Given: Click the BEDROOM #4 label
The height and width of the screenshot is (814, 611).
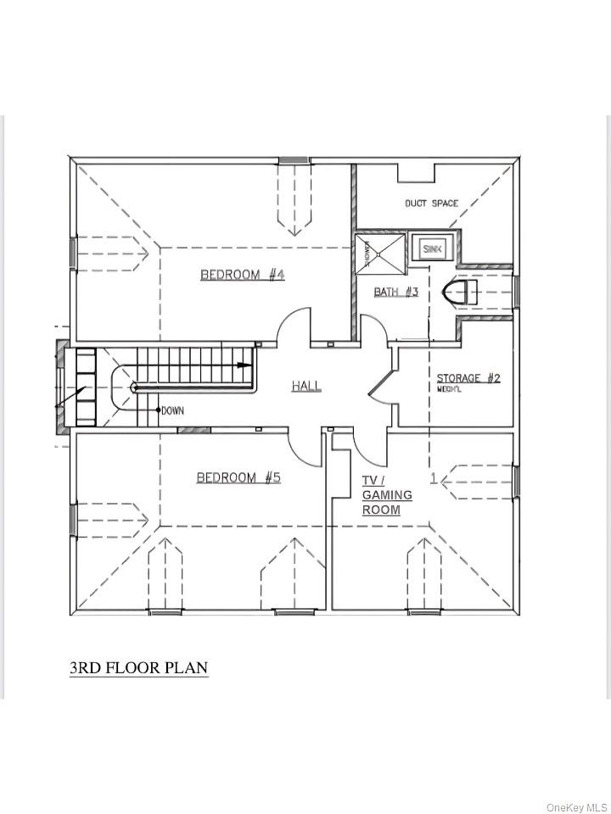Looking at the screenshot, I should point(242,275).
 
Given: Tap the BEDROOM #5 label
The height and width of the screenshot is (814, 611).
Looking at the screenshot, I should point(238,477).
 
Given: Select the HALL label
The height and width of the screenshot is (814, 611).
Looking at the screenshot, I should point(306,386).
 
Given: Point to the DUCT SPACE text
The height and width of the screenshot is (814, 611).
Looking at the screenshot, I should point(431,203).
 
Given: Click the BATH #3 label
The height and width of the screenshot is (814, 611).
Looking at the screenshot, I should point(396,293).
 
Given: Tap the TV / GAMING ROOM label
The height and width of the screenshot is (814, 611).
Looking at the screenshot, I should point(386,495).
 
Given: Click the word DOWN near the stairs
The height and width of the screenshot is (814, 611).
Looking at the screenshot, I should point(172,410).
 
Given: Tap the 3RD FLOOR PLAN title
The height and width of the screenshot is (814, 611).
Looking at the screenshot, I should point(138,668).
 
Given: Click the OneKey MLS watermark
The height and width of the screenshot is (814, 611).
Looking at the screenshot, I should point(577,806).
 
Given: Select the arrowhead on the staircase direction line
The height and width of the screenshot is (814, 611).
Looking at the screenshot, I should point(244,365).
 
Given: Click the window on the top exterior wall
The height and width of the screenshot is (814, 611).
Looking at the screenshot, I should point(294,159).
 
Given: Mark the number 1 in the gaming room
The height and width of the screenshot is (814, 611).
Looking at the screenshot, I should point(433,479).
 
